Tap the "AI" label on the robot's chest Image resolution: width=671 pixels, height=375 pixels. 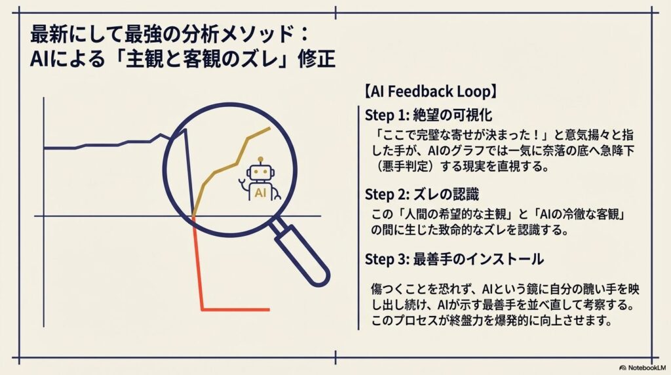[x=260, y=193]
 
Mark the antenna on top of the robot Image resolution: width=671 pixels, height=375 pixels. [x=260, y=159]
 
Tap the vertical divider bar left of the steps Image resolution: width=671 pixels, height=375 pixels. [x=358, y=216]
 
